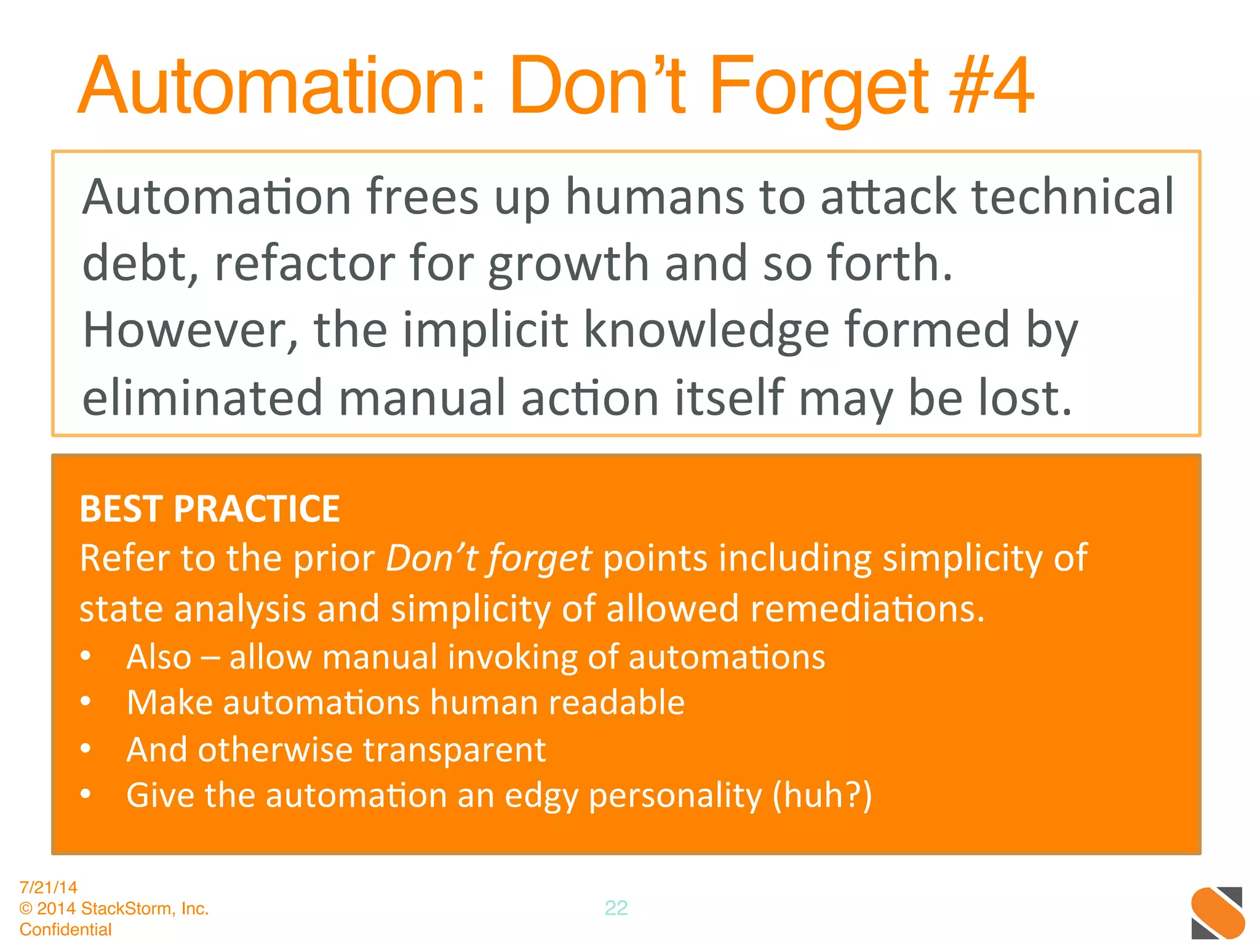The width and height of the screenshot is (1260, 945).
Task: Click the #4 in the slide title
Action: click(x=991, y=86)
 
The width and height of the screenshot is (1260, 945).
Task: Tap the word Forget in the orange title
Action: click(x=818, y=86)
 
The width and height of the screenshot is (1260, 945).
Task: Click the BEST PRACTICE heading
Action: click(x=210, y=509)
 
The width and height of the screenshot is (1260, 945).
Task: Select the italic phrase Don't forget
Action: click(x=488, y=559)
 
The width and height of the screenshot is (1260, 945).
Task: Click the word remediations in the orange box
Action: click(x=867, y=609)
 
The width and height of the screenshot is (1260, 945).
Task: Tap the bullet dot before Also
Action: click(x=86, y=656)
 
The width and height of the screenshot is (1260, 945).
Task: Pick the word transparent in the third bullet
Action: click(x=454, y=750)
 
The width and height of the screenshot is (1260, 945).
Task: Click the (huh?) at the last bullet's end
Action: click(x=822, y=795)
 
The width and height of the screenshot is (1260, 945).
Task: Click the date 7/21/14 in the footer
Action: click(x=49, y=887)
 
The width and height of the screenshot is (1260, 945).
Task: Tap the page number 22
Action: click(x=616, y=908)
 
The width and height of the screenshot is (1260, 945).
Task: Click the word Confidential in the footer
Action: click(x=66, y=929)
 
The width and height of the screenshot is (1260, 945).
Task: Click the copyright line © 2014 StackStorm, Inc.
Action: click(x=114, y=908)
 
